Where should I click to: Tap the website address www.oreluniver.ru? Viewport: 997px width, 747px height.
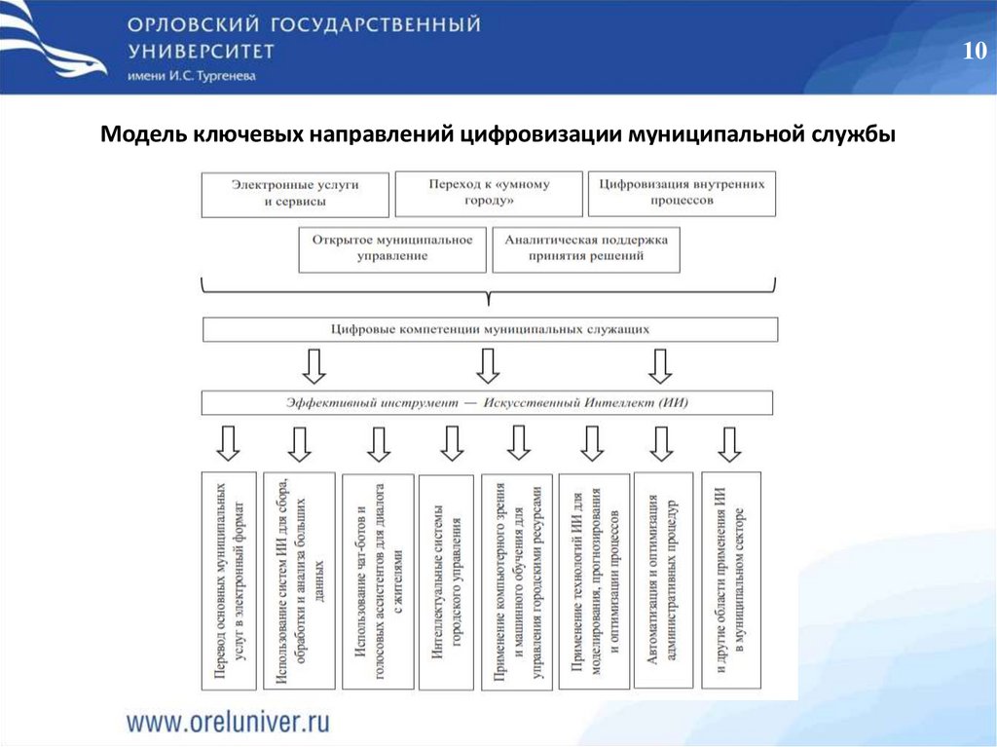point(228,722)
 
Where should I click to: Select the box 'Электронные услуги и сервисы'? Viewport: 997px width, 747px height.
point(295,194)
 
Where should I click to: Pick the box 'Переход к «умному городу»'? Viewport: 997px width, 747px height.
point(488,194)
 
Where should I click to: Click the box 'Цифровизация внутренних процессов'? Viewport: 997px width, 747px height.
point(682,194)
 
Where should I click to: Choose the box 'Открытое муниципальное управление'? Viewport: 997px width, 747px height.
point(391,248)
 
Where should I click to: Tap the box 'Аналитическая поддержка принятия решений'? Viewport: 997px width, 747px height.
point(586,248)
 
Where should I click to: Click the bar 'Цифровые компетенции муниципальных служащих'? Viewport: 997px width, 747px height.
point(490,329)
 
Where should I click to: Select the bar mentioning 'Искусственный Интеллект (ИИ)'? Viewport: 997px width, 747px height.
point(487,402)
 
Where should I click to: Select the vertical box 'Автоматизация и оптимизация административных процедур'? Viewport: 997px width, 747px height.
point(663,580)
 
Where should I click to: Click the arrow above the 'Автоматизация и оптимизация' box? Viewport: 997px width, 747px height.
point(662,443)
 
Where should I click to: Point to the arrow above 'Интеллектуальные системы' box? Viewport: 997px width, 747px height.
point(450,443)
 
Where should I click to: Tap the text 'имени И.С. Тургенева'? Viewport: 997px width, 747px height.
point(191,78)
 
